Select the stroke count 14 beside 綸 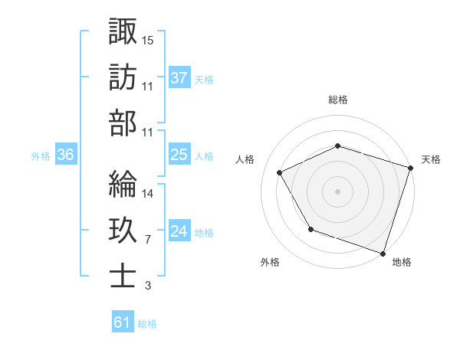click(149, 193)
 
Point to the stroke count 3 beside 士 click(147, 286)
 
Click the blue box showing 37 click(179, 77)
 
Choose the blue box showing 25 click(179, 155)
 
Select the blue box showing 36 click(66, 155)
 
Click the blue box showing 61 click(122, 322)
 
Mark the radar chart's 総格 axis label click(338, 100)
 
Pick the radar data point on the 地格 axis click(383, 252)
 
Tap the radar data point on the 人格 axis click(280, 173)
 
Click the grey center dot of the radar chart click(338, 191)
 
